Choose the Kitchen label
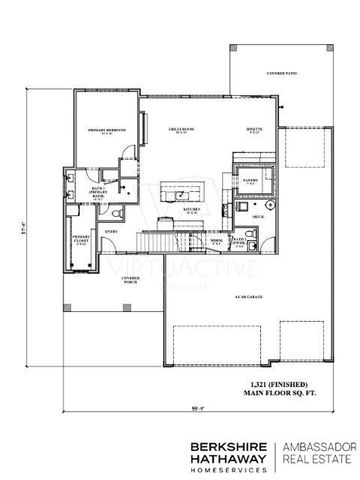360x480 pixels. pos(191,211)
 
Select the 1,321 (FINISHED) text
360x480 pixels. pos(264,387)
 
